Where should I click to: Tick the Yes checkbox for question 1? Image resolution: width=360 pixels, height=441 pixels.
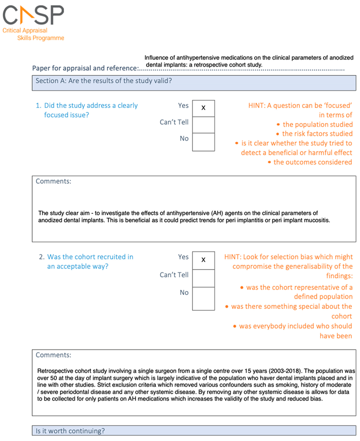[203, 108]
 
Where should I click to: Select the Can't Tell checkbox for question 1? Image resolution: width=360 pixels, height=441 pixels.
[203, 125]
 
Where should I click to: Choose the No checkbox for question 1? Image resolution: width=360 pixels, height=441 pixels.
[203, 141]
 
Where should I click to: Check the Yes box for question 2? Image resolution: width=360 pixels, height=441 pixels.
[203, 259]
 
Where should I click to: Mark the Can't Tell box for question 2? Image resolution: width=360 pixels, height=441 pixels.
[203, 277]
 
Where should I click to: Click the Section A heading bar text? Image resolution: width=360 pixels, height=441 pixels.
[104, 82]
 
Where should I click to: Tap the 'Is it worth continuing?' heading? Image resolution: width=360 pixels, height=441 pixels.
[70, 431]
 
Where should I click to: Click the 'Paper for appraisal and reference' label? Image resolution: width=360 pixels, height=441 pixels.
[85, 68]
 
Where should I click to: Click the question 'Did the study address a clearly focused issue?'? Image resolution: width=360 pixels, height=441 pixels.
[90, 110]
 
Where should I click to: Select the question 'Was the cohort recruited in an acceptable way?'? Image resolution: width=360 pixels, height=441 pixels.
[90, 261]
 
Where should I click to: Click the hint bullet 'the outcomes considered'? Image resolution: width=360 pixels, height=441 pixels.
[312, 162]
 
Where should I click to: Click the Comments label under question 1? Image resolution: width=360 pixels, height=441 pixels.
[53, 182]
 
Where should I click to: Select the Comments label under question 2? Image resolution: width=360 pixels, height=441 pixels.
[53, 355]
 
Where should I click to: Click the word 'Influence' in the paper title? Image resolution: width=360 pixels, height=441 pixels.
[159, 58]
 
